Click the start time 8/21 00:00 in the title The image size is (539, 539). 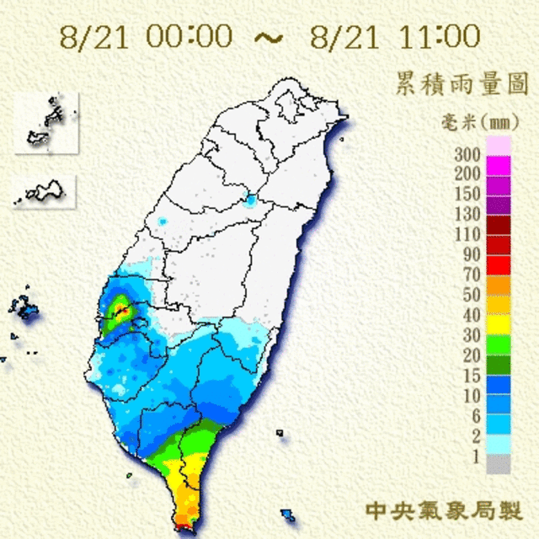point(147,36)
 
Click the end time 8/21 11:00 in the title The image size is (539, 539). point(395,36)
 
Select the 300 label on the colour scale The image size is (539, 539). point(467,155)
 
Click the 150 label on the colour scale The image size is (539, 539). point(467,195)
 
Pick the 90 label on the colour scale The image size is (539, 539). point(470,253)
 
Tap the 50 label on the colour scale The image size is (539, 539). point(470,294)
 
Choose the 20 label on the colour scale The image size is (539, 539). point(470,354)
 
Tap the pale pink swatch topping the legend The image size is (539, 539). point(499,146)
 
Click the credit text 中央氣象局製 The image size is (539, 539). point(444,510)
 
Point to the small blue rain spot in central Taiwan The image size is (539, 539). point(249,201)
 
